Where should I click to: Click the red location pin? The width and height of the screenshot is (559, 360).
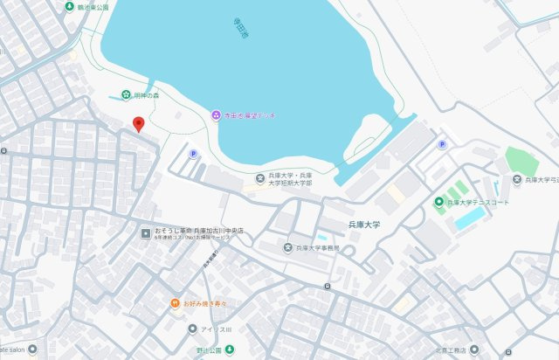[137, 125]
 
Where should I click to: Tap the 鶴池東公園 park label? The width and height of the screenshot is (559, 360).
[92, 6]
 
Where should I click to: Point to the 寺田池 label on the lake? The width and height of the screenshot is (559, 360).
[240, 33]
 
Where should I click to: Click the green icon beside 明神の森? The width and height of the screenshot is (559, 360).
[127, 94]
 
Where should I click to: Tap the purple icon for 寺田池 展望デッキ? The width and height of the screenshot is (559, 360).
[216, 115]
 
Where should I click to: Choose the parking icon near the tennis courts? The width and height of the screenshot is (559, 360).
[442, 144]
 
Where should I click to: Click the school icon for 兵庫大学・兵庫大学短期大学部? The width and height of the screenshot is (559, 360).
[259, 179]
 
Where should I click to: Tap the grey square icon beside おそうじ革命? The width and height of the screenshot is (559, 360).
[146, 232]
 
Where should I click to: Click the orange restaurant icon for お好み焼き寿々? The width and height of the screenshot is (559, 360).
[176, 303]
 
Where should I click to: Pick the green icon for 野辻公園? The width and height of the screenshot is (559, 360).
[230, 350]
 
